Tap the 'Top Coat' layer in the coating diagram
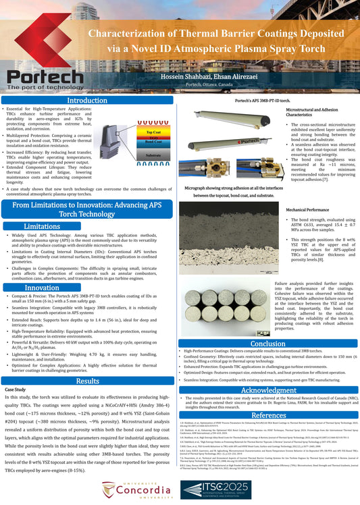153,132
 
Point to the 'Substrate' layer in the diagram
153,156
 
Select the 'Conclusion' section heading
267,343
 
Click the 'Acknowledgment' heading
268,390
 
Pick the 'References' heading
268,415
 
